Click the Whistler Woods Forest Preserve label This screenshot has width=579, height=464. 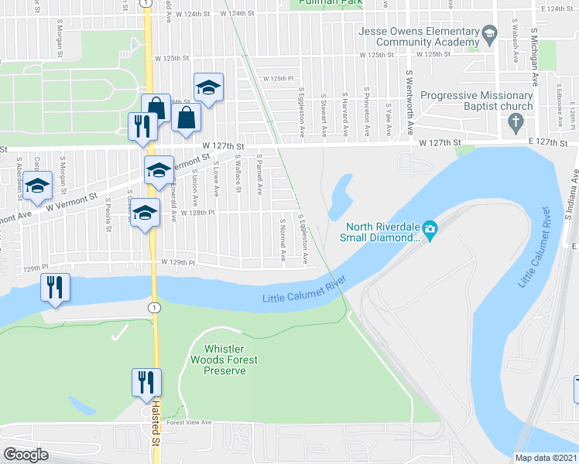pyautogui.click(x=225, y=360)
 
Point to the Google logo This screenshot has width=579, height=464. pyautogui.click(x=26, y=455)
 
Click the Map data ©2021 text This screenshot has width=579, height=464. pyautogui.click(x=546, y=457)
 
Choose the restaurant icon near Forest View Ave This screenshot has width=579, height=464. pyautogui.click(x=145, y=382)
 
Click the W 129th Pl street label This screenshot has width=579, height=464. pyautogui.click(x=177, y=263)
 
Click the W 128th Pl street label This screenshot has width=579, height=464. pyautogui.click(x=196, y=211)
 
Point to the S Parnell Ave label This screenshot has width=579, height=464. pyautogui.click(x=260, y=177)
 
